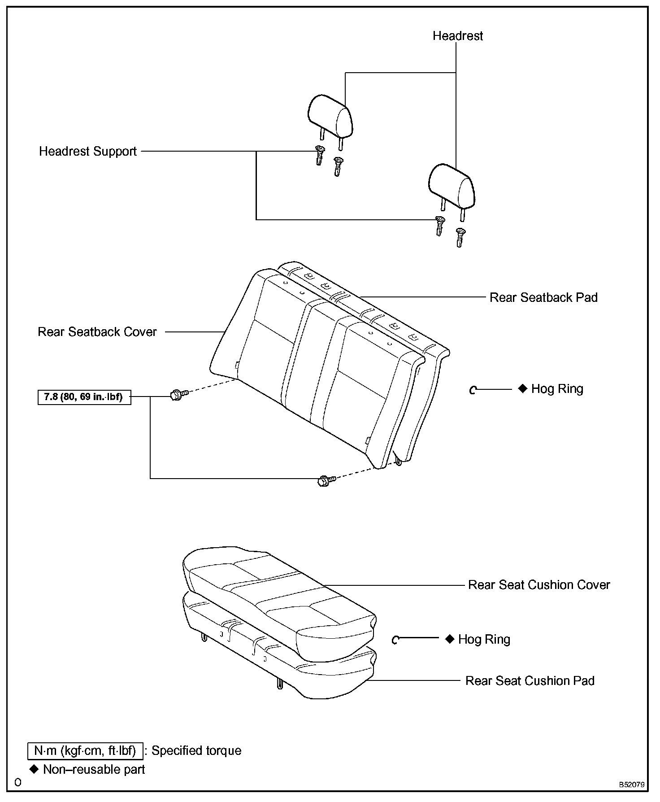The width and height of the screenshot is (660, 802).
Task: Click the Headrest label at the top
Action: click(457, 36)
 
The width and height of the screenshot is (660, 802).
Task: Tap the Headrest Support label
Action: click(88, 151)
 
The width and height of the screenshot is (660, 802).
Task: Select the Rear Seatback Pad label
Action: click(543, 297)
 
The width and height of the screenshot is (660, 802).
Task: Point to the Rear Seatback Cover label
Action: click(97, 332)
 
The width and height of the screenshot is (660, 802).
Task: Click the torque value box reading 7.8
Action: click(84, 397)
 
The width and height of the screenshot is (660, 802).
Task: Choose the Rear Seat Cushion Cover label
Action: click(539, 585)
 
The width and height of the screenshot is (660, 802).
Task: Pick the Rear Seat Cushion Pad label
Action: click(530, 681)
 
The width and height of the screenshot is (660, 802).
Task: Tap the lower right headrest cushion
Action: click(452, 186)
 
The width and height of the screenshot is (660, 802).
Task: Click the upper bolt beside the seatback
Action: click(177, 395)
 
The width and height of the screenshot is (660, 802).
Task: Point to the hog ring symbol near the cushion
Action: click(395, 640)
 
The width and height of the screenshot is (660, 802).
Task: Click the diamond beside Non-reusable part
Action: click(34, 770)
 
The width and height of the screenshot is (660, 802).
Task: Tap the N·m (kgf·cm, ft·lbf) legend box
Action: click(85, 751)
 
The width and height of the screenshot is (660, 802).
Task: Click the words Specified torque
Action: click(196, 751)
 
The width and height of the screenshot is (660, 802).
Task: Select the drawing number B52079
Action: click(632, 785)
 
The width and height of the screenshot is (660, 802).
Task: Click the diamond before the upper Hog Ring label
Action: click(523, 388)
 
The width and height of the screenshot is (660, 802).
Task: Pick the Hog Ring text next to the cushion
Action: click(484, 639)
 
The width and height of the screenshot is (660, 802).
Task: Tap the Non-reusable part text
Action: click(94, 770)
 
